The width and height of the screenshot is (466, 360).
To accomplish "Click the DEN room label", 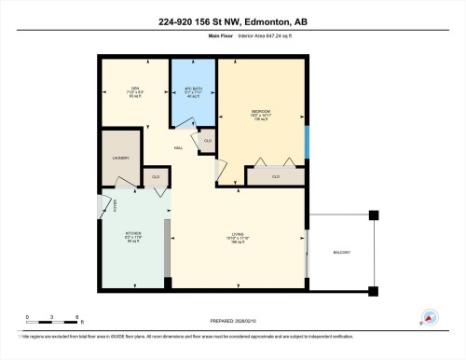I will pyautogui.click(x=134, y=89).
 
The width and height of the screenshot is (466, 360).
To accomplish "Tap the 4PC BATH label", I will pyautogui.click(x=192, y=89).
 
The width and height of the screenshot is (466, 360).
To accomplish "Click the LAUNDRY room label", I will pyautogui.click(x=120, y=158).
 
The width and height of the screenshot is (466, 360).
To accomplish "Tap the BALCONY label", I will pyautogui.click(x=342, y=252).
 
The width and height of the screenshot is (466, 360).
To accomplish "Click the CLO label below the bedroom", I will pyautogui.click(x=276, y=175).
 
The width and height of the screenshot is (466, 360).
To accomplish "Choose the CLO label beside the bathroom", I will pyautogui.click(x=207, y=140).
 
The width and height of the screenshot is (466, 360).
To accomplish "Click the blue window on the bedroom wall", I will pyautogui.click(x=307, y=140).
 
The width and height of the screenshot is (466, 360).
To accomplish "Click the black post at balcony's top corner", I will pyautogui.click(x=374, y=215).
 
